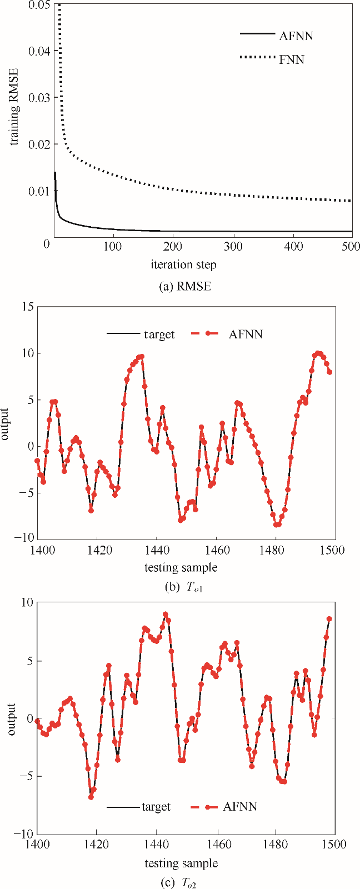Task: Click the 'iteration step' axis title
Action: pyautogui.click(x=183, y=264)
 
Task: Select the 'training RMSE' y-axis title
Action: pyautogui.click(x=15, y=106)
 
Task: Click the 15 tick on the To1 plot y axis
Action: pyautogui.click(x=27, y=307)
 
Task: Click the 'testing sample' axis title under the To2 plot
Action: pyautogui.click(x=181, y=863)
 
